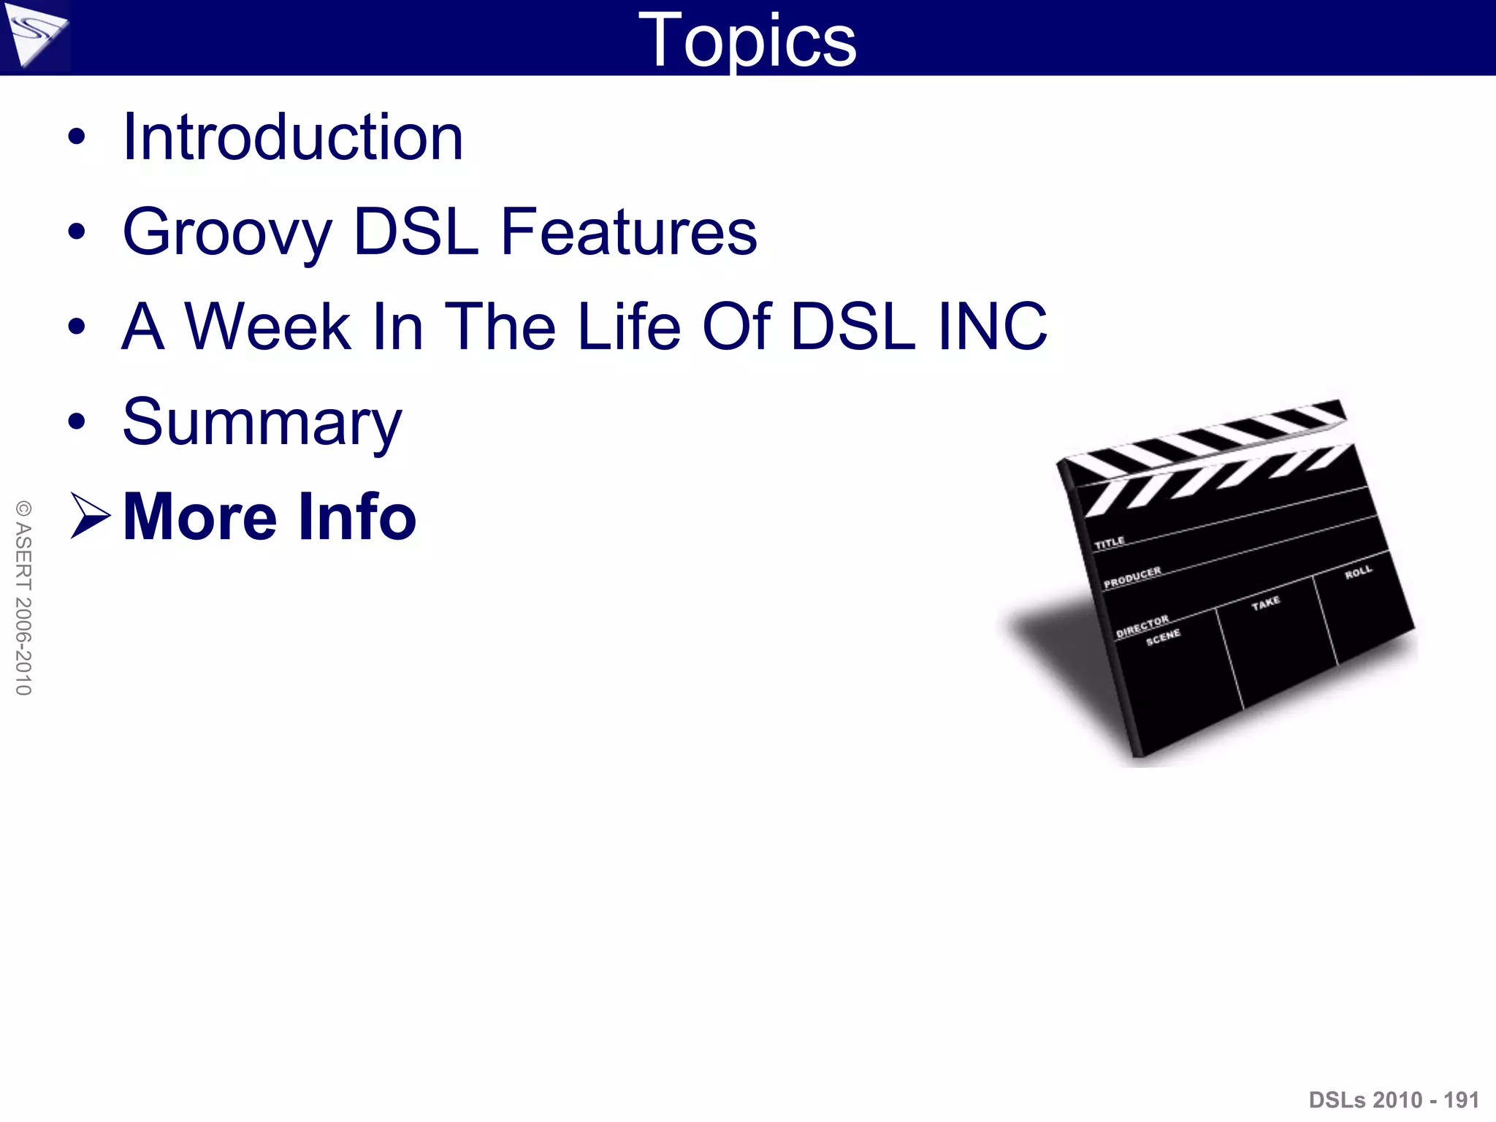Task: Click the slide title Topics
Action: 747,41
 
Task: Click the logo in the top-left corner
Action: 34,37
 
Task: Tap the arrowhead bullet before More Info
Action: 89,516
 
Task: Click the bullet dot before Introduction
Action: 76,137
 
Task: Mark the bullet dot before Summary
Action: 76,421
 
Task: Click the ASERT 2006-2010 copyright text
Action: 23,598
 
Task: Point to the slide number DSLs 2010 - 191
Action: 1394,1099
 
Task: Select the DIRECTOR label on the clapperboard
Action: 1142,626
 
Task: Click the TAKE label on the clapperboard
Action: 1266,603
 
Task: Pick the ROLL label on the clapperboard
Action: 1358,572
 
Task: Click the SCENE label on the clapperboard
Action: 1163,637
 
